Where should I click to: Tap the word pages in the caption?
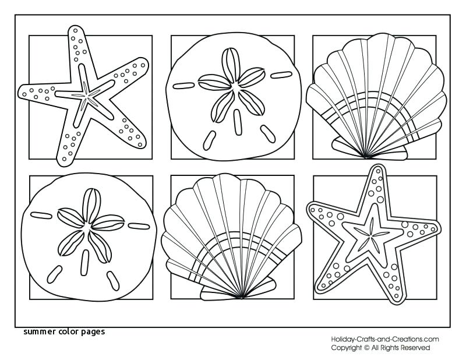click(91, 333)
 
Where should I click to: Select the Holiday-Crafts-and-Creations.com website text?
click(385, 339)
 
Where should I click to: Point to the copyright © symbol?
click(367, 348)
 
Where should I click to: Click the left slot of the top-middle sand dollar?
click(184, 86)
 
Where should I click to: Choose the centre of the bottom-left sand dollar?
click(89, 224)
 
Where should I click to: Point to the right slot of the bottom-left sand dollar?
click(138, 225)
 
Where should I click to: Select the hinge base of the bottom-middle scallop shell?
click(241, 298)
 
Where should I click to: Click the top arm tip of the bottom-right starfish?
click(379, 170)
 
